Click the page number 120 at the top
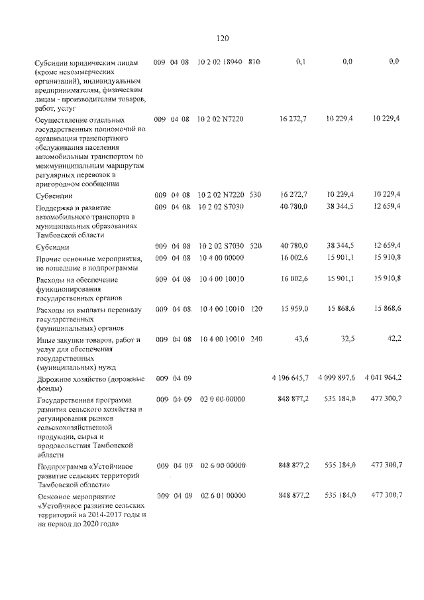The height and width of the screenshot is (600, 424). point(222,38)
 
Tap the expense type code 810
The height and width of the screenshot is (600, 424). point(254,62)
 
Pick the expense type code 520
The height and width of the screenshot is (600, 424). point(256,247)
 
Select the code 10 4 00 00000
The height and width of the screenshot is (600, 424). point(221,257)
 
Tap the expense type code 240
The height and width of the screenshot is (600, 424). point(256,340)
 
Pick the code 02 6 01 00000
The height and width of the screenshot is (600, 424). point(223,495)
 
